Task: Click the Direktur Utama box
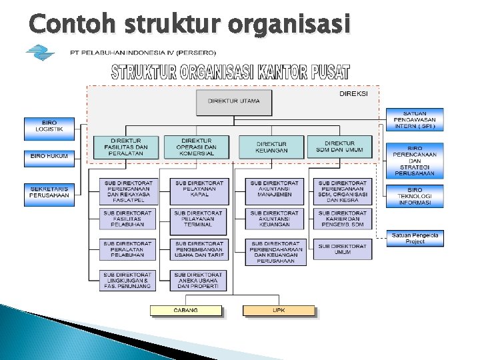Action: [x=234, y=102]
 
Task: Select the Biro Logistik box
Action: [x=49, y=129]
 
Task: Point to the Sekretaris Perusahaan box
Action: [x=49, y=192]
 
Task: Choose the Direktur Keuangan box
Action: [x=271, y=147]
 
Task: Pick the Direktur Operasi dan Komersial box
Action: [x=196, y=147]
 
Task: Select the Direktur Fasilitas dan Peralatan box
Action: [x=126, y=147]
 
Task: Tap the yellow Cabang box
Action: [x=186, y=310]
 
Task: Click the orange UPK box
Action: [x=279, y=310]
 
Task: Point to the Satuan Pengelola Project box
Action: [x=415, y=238]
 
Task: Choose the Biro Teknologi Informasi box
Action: [x=415, y=195]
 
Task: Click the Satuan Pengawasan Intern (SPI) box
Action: [x=415, y=120]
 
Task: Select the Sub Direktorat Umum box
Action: [x=342, y=249]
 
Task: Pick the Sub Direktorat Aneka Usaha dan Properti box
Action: [x=199, y=280]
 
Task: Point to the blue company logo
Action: [x=41, y=53]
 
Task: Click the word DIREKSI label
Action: [x=353, y=94]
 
